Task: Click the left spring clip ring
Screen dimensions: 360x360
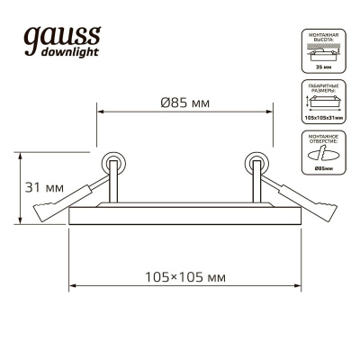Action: [114, 163]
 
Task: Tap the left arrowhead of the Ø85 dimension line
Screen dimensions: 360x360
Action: [100, 112]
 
